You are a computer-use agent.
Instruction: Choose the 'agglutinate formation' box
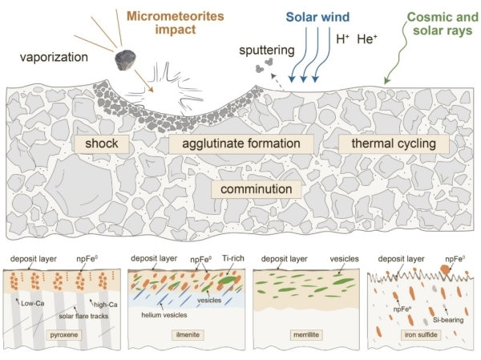(x=240, y=144)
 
